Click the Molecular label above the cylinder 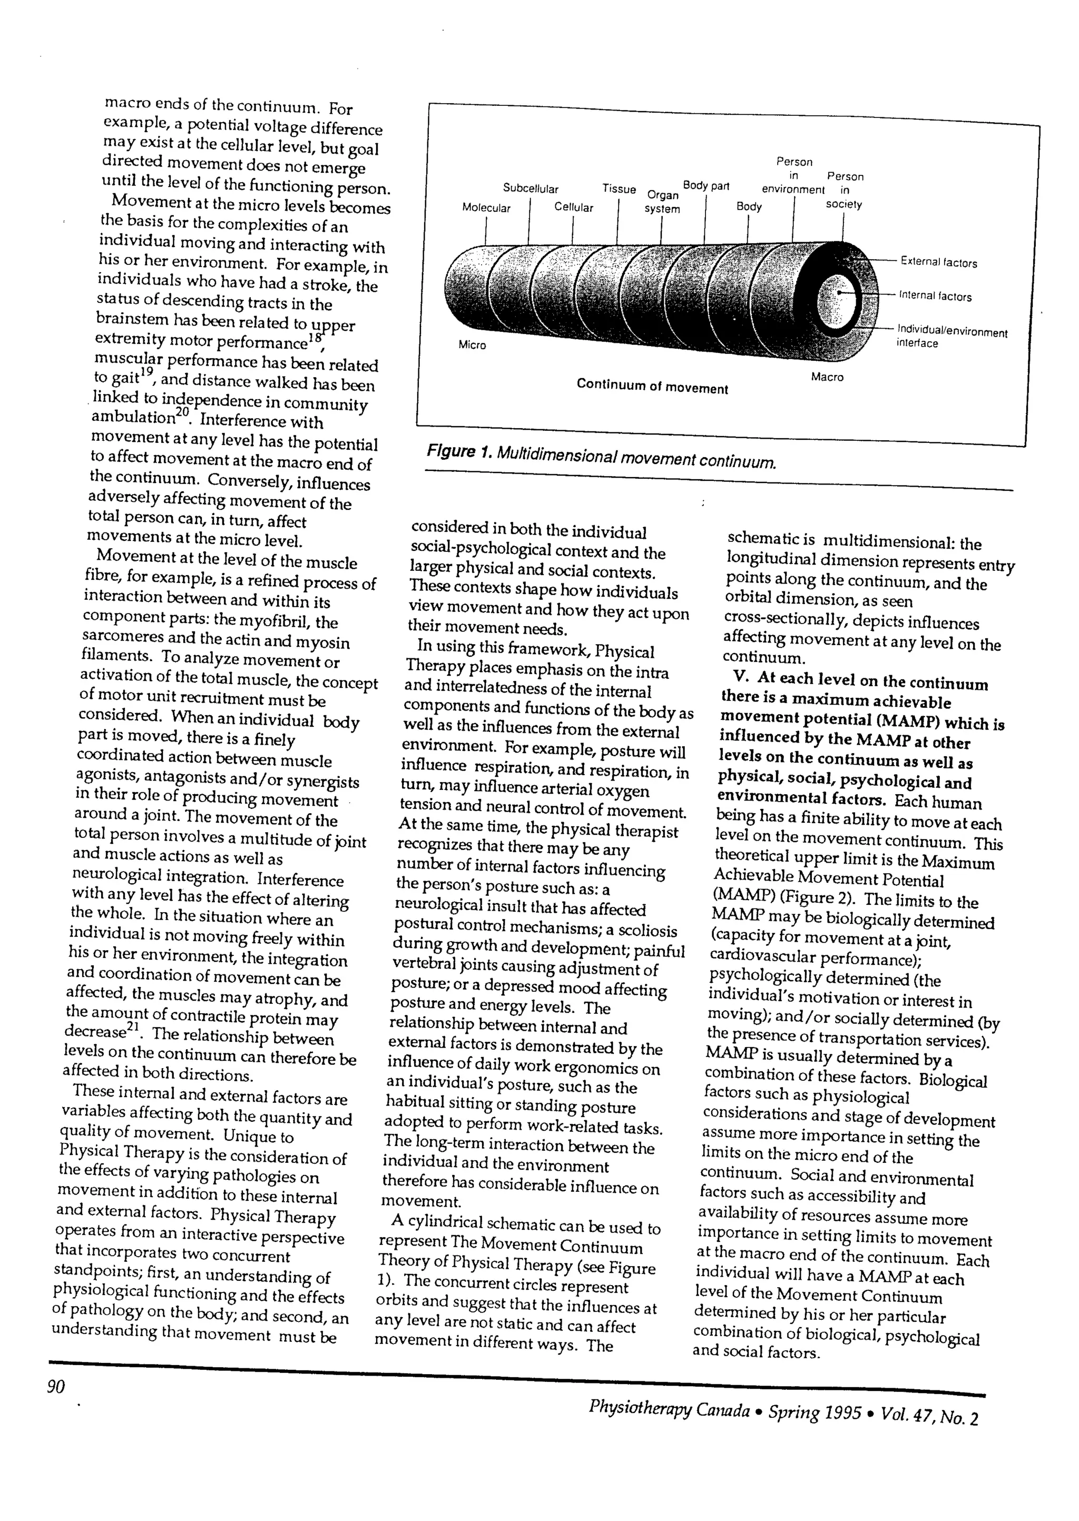pyautogui.click(x=486, y=208)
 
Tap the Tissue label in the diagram pyautogui.click(x=619, y=189)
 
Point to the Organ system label pyautogui.click(x=662, y=202)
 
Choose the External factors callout pyautogui.click(x=938, y=263)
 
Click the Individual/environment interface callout pyautogui.click(x=952, y=336)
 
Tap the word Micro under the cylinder pyautogui.click(x=473, y=345)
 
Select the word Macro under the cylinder pyautogui.click(x=827, y=377)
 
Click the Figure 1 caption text pyautogui.click(x=601, y=456)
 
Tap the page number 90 pyautogui.click(x=56, y=1387)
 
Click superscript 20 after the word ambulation pyautogui.click(x=183, y=412)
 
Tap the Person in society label pyautogui.click(x=845, y=190)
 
